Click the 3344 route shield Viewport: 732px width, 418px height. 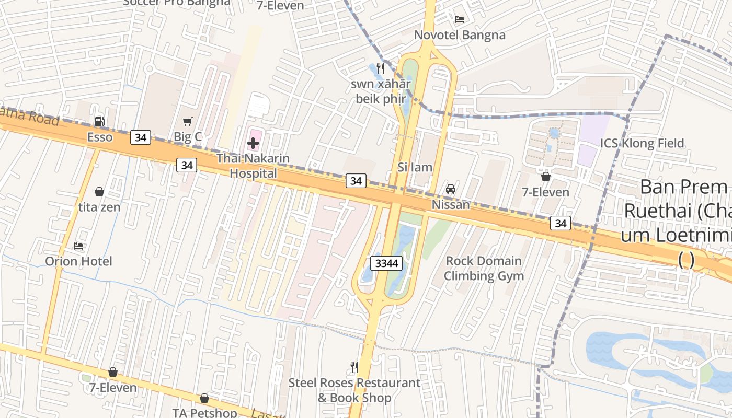tap(386, 263)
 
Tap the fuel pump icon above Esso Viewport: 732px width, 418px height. tap(99, 122)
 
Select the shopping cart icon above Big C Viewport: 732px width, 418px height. tap(188, 121)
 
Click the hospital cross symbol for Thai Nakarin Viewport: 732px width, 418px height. tap(253, 143)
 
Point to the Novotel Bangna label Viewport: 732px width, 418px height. tap(460, 35)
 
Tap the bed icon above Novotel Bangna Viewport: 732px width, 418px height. tap(460, 19)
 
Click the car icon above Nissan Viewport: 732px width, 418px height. tap(450, 189)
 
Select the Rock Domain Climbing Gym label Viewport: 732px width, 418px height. tap(484, 269)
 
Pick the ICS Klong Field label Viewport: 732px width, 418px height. tap(642, 143)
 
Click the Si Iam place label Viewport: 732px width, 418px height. tap(415, 167)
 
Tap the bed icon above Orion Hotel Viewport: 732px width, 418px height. tap(78, 246)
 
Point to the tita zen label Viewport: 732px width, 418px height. tap(99, 207)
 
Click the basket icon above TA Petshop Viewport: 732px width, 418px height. tap(204, 398)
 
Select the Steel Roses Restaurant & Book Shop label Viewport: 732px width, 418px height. tap(354, 390)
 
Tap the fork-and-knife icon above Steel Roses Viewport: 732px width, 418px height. tap(354, 367)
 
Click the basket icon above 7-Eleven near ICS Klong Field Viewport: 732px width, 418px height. tap(546, 177)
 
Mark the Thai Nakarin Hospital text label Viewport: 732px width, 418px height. tap(253, 166)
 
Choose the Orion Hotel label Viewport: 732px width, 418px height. tap(78, 261)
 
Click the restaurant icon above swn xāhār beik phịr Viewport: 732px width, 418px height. tap(381, 68)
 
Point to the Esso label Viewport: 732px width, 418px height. tap(99, 137)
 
